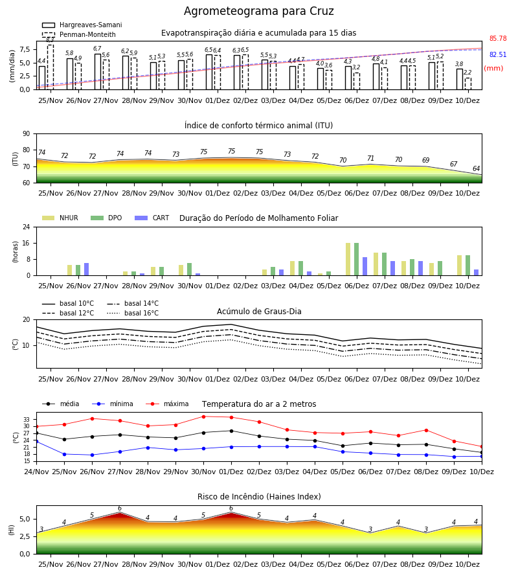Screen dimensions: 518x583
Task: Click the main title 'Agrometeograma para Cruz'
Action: coord(258,11)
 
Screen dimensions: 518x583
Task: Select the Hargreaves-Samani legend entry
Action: coord(82,25)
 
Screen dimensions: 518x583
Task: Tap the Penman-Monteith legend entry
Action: coord(79,34)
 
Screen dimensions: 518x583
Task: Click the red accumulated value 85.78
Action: coord(498,38)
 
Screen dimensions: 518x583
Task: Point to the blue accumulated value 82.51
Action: coord(498,54)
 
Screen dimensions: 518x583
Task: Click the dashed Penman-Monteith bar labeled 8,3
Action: coord(51,67)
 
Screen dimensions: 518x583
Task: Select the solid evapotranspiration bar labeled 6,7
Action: coord(98,72)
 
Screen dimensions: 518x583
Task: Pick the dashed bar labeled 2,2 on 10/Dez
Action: coord(468,84)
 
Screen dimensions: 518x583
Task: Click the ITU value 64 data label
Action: coord(476,168)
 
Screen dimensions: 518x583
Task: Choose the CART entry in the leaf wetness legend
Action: coord(152,218)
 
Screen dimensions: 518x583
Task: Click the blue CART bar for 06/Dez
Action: coord(365,266)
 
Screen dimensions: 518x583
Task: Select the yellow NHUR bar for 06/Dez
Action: coord(348,259)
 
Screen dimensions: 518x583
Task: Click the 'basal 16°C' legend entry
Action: coord(133,313)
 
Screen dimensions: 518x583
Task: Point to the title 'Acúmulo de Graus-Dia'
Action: coord(259,312)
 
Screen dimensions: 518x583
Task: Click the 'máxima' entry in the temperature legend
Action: coord(167,404)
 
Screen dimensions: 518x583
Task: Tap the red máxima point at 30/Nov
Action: coord(203,417)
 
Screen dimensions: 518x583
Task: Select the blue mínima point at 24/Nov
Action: coord(36,441)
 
